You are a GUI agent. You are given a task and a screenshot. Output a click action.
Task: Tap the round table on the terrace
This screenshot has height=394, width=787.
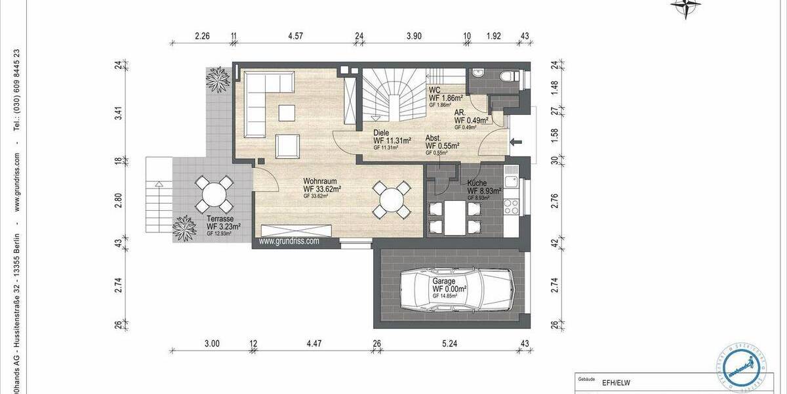pos(212,194)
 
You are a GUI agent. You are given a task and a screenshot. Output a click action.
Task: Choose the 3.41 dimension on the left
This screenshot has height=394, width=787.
pos(119,112)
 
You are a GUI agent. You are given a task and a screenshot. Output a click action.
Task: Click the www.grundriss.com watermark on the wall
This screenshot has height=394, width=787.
pos(289,241)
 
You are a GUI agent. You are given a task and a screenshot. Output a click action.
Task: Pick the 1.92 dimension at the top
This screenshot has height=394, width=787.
pos(493,37)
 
